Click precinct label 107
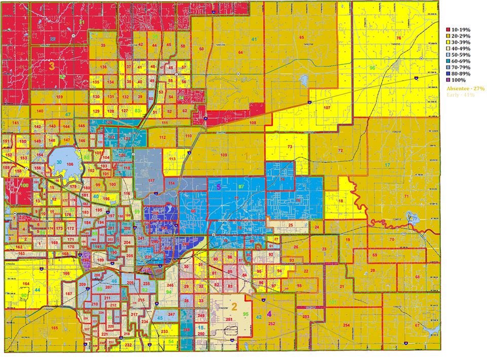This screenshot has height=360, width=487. coord(327,108)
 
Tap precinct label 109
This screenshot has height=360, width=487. coord(224,155)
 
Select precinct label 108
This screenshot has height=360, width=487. coord(253,123)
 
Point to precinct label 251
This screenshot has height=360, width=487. coord(229,319)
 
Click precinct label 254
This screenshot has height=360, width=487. coord(346,325)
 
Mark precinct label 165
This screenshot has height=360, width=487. coord(55,329)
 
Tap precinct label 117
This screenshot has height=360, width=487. coord(151,181)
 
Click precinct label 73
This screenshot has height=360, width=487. coord(290,147)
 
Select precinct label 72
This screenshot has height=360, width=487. coord(340,151)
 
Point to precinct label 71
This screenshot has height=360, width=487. coord(406,196)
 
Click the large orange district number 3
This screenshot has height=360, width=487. coord(52,65)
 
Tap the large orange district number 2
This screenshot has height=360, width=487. coord(234,306)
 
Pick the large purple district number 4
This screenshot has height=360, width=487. coord(269,313)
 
